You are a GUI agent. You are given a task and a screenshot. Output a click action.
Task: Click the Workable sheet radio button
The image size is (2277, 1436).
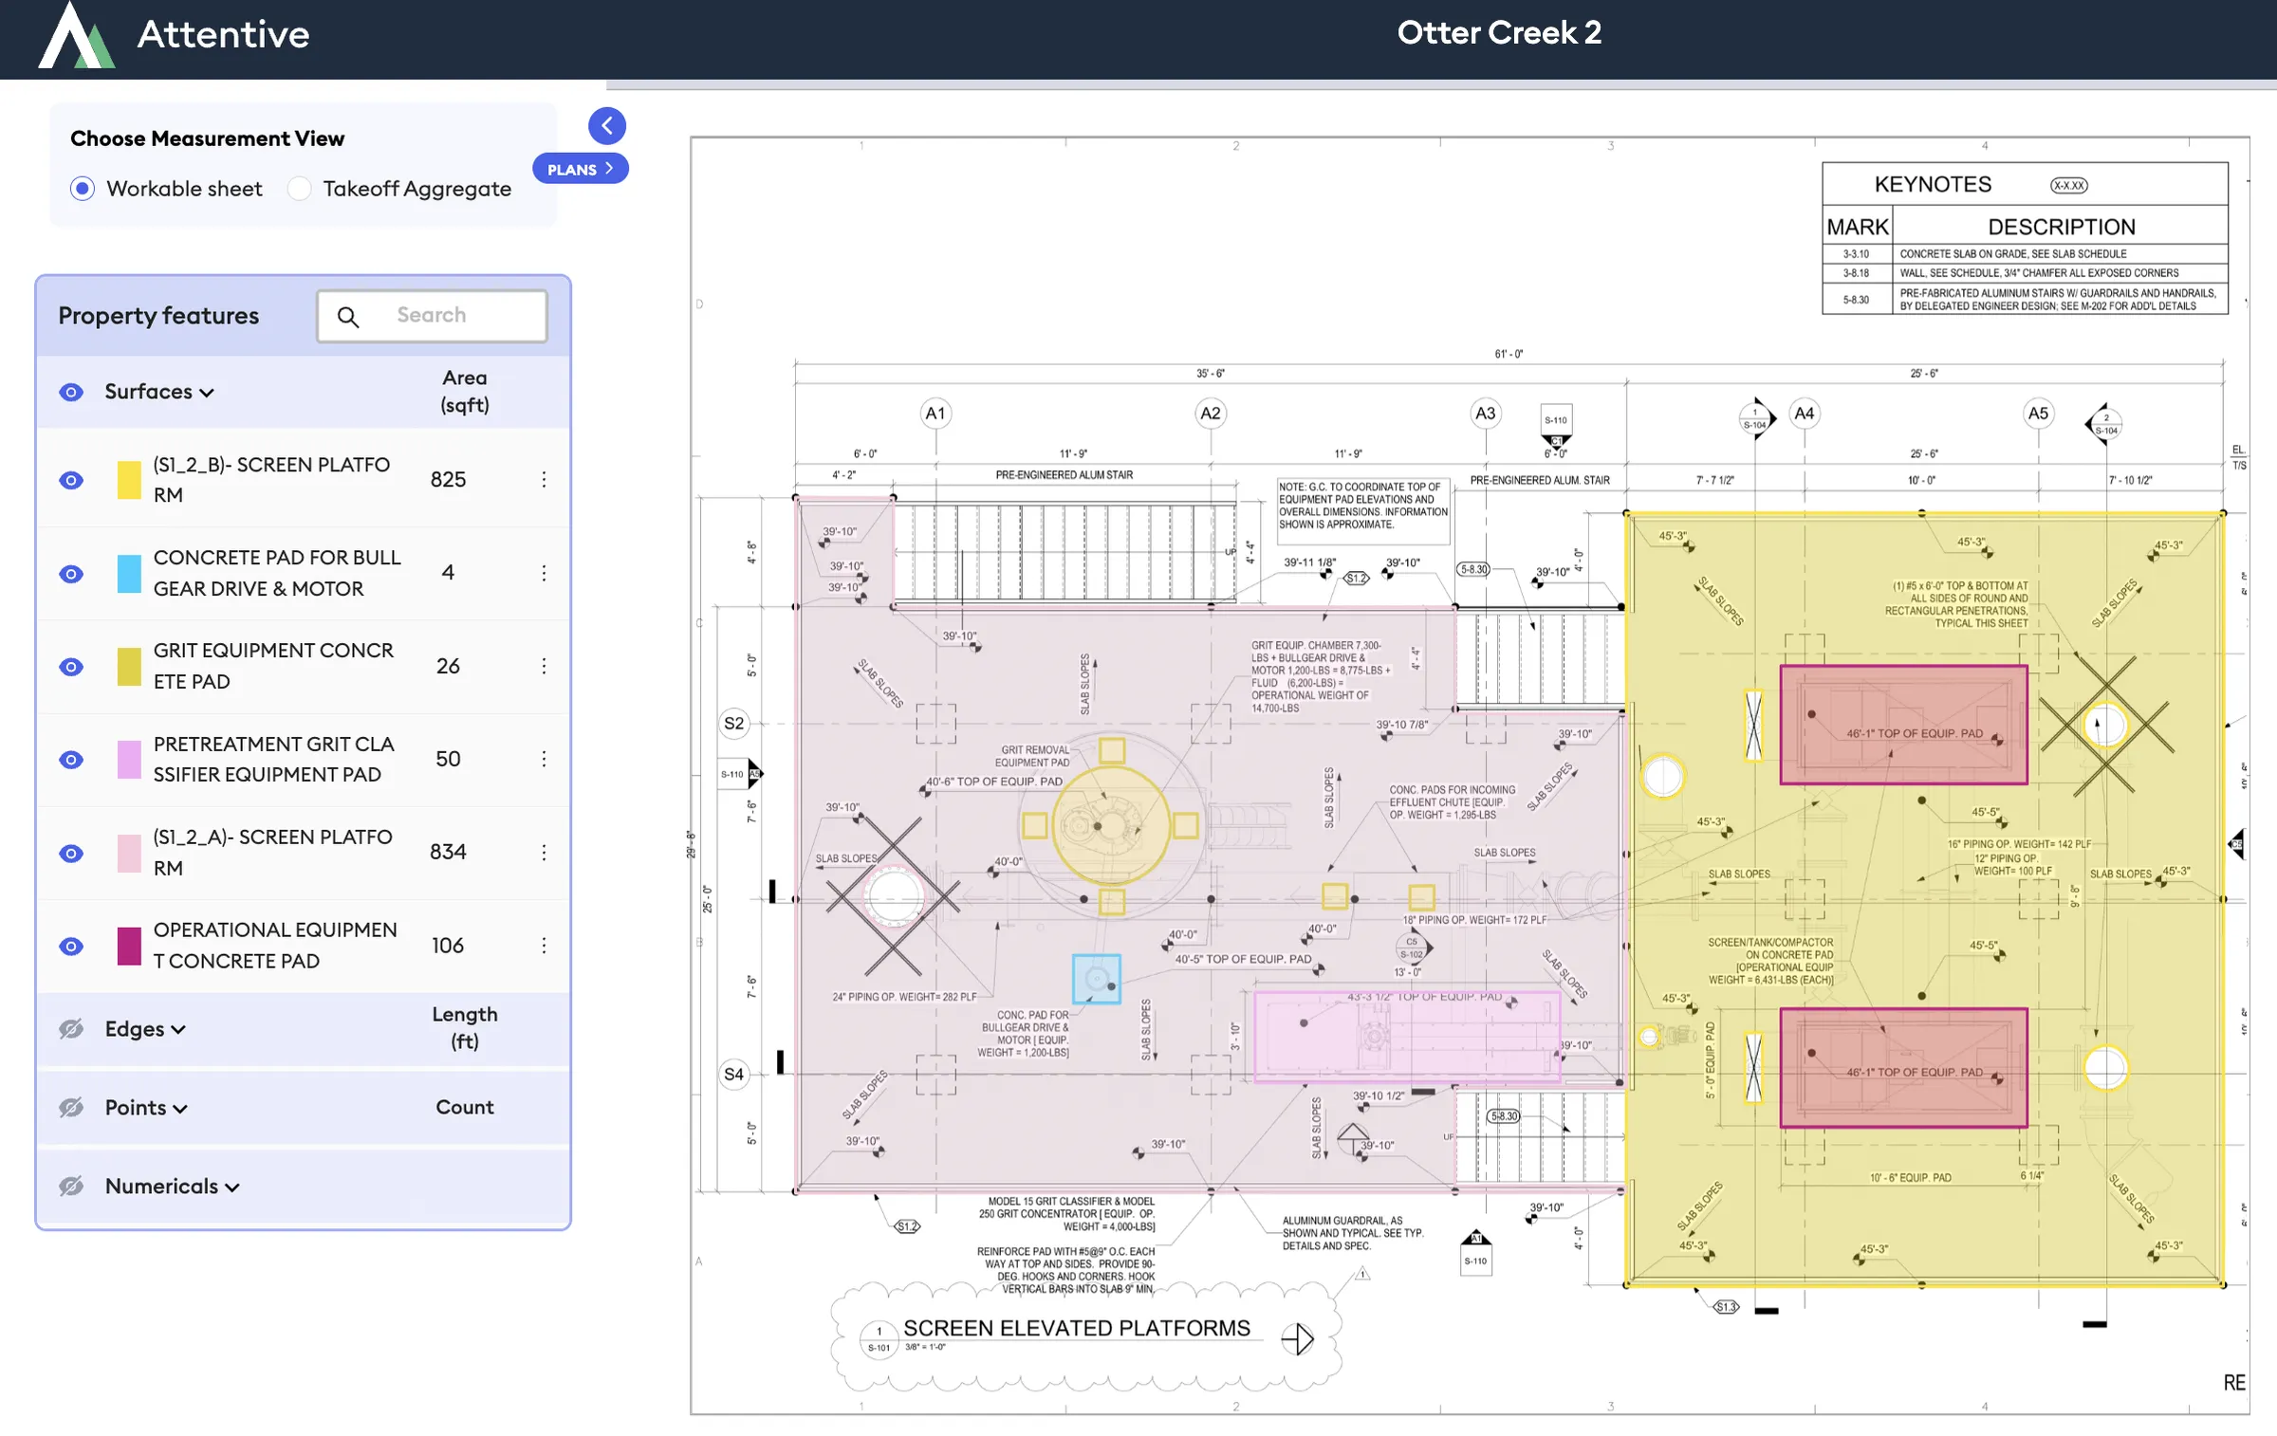[x=83, y=189]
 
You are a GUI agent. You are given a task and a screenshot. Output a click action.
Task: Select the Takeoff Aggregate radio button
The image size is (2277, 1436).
[x=300, y=189]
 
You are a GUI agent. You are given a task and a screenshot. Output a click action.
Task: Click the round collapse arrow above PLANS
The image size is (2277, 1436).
[x=607, y=125]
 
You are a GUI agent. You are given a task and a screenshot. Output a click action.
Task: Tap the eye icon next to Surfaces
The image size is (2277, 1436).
[x=71, y=392]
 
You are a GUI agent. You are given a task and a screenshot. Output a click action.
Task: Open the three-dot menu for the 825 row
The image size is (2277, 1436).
[x=544, y=479]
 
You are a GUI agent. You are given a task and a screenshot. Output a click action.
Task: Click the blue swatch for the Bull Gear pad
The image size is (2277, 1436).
[x=129, y=574]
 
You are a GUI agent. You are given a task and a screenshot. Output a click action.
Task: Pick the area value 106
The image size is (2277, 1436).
[x=448, y=946]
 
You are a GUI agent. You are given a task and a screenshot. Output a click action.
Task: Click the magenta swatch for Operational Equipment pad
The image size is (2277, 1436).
[x=129, y=946]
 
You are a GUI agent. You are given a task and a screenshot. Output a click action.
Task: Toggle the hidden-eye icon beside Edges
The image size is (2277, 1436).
[x=71, y=1029]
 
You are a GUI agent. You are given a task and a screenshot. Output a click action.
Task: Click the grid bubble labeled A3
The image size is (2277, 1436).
[x=1485, y=414]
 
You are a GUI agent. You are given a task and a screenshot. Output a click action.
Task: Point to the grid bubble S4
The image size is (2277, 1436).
[x=733, y=1075]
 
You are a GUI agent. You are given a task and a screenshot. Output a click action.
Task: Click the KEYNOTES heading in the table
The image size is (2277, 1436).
[x=1933, y=184]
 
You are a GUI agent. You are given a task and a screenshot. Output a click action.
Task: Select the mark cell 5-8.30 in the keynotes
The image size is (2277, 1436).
[x=1856, y=300]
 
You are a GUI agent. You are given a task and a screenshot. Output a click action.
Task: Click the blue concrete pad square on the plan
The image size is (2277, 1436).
[x=1096, y=979]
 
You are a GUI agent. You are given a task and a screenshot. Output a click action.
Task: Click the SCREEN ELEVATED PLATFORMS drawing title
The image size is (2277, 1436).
[x=1076, y=1328]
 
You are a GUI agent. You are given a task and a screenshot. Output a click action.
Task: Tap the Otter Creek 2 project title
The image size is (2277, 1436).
[x=1499, y=33]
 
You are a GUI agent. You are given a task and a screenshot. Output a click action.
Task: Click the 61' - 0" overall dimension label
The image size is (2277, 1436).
[x=1509, y=354]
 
